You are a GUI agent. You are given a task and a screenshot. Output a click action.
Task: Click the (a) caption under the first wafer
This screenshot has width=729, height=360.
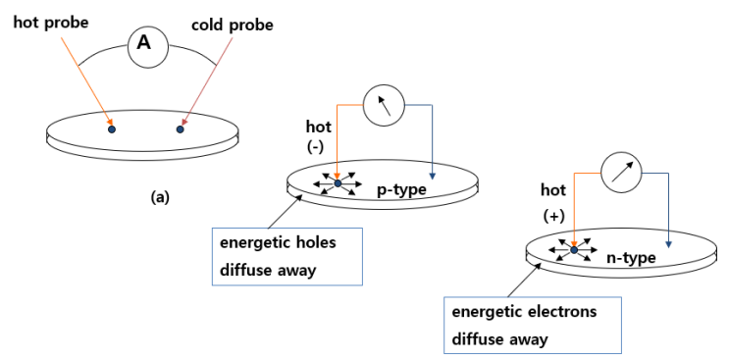(159, 196)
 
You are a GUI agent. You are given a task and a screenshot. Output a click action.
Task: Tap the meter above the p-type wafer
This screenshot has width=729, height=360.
(385, 104)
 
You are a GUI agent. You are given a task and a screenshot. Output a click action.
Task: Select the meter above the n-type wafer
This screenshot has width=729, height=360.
(619, 175)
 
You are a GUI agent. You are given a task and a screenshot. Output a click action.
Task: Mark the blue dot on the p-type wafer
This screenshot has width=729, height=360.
(338, 183)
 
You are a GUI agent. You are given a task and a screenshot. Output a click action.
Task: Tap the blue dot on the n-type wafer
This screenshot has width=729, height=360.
(574, 250)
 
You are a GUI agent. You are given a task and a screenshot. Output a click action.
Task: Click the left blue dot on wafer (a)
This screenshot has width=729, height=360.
(112, 129)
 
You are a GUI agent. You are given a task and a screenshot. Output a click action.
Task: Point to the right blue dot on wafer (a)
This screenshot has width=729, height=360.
(181, 129)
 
